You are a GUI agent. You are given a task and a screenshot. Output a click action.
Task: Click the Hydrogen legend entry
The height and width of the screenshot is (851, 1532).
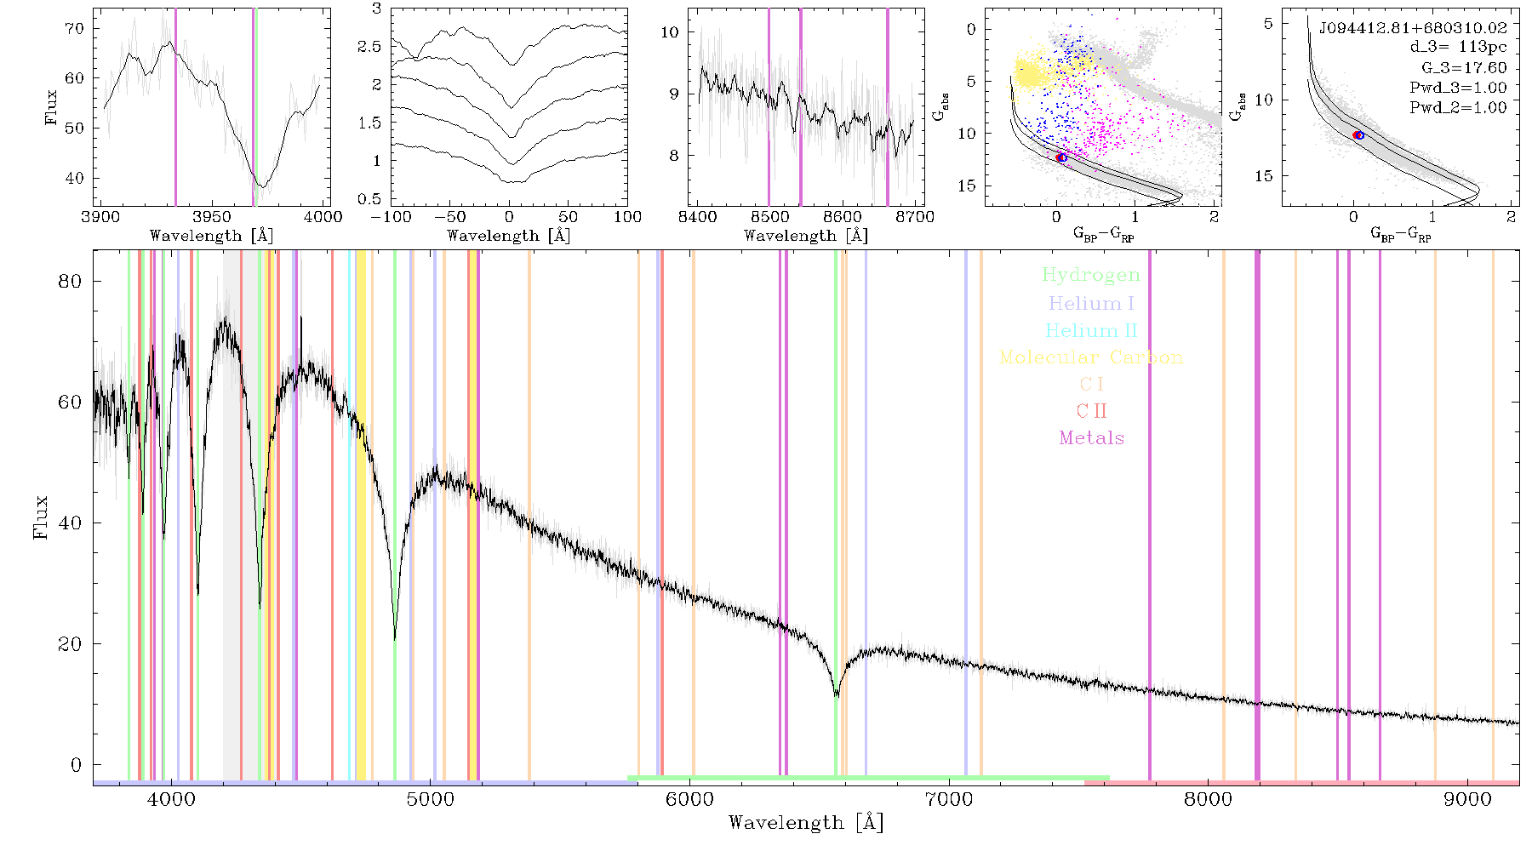1091,275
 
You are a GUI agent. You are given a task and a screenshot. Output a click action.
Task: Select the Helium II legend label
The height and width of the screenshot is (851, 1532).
1091,330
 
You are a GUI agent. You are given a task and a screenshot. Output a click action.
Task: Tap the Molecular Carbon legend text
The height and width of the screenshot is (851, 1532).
1091,357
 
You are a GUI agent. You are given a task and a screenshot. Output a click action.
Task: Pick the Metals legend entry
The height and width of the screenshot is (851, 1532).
1091,438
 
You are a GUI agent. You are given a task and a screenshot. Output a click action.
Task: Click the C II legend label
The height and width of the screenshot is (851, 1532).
1091,411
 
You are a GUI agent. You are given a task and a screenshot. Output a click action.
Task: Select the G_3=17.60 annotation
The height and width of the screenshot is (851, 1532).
1464,67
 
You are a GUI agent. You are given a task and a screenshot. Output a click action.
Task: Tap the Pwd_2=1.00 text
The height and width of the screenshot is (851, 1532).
1458,107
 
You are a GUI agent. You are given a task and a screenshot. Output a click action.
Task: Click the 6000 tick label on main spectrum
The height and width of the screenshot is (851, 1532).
689,799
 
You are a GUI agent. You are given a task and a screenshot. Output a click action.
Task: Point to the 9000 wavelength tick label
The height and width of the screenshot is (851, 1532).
1467,799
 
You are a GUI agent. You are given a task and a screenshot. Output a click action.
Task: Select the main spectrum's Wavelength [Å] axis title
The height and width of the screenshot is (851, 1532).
806,823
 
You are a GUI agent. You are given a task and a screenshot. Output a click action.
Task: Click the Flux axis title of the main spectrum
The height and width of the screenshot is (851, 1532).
40,517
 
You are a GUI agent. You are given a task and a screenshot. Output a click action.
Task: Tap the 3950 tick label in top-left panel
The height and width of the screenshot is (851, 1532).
211,216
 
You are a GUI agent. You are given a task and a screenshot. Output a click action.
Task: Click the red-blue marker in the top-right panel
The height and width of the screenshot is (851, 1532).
1358,135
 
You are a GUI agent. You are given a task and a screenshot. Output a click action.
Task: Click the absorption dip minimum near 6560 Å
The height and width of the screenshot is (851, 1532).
837,696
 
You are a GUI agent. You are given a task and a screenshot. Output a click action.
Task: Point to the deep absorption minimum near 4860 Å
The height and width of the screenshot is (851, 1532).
395,638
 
